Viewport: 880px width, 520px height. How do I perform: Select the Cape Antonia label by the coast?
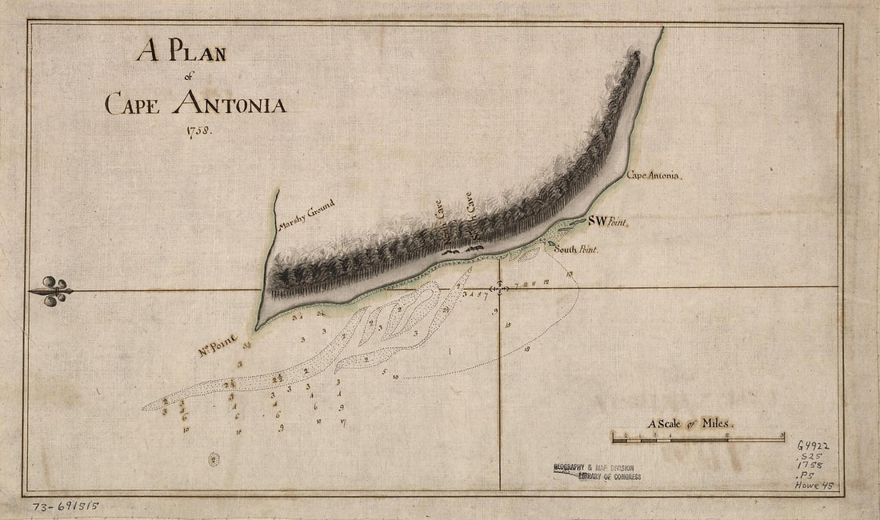pos(654,174)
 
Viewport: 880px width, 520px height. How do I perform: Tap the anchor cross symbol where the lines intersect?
pos(500,288)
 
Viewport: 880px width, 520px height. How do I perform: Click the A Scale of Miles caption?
pos(690,424)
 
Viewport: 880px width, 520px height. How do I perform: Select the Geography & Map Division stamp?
pos(597,471)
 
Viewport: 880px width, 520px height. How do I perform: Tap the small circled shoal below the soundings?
pos(214,459)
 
